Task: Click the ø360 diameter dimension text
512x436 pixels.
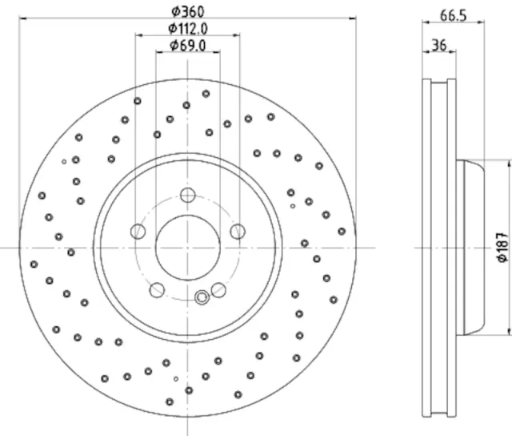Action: tap(187, 11)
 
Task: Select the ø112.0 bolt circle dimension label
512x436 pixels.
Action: tap(187, 29)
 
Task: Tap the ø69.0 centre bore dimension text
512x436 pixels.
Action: tap(188, 46)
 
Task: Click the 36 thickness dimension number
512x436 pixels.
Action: tap(438, 46)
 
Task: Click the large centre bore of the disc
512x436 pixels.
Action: tap(187, 248)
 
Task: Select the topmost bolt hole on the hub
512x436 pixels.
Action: tap(187, 196)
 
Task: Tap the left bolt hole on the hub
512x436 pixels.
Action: tap(138, 232)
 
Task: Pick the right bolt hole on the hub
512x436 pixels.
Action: tap(237, 232)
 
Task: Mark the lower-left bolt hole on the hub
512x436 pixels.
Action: tap(157, 289)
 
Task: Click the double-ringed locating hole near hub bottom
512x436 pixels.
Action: tap(202, 297)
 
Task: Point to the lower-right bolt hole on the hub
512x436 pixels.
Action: tap(218, 289)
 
